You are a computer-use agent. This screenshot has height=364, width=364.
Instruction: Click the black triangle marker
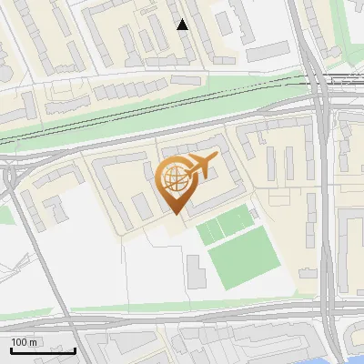coord(183,25)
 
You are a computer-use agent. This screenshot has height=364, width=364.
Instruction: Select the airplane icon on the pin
coord(199,167)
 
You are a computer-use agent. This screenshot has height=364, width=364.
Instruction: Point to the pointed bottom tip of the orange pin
coord(175,214)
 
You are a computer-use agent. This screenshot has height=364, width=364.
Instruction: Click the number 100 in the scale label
coord(19,343)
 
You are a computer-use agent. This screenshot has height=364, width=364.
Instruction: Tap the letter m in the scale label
coord(34,343)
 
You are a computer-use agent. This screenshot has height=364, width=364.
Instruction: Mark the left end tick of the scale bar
coord(11,349)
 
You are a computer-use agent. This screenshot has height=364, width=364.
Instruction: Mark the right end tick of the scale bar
coord(75,349)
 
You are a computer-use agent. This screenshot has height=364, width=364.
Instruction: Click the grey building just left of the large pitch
coord(196,271)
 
